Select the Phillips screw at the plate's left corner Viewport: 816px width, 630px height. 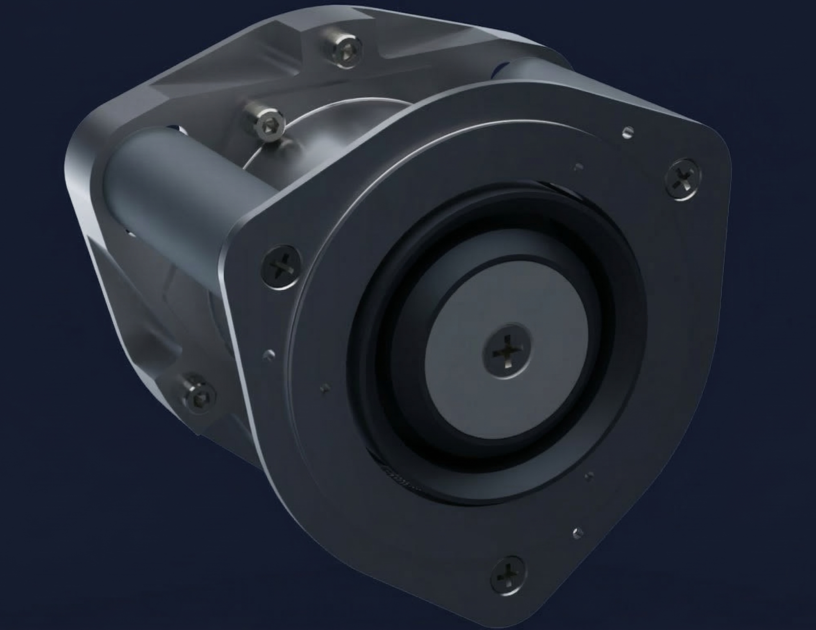[x=281, y=267]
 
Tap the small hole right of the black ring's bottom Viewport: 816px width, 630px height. [x=590, y=476]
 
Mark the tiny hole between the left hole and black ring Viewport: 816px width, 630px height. [x=325, y=388]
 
